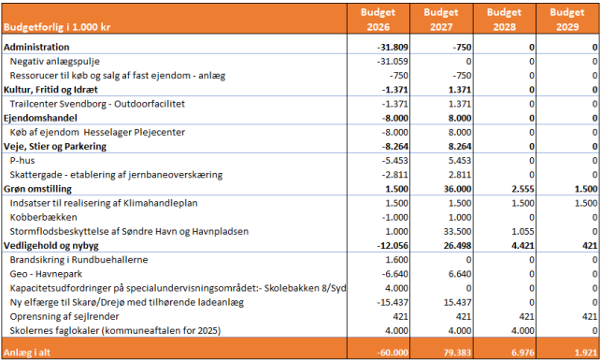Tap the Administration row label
(x=36, y=47)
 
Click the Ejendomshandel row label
(x=39, y=118)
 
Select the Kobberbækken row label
(x=41, y=216)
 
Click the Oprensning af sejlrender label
(x=68, y=315)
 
